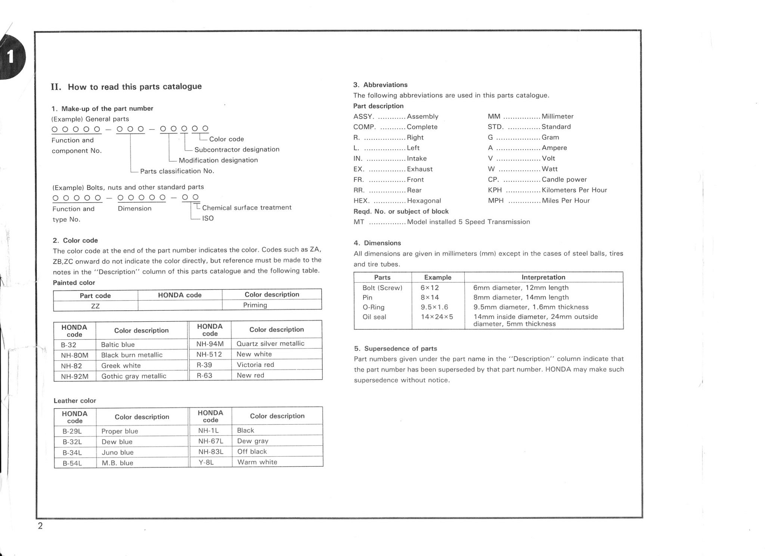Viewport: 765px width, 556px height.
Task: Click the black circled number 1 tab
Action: tap(11, 57)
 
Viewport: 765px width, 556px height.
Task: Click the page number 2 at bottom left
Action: tap(40, 526)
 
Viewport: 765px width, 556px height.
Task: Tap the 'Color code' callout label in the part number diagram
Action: tap(226, 139)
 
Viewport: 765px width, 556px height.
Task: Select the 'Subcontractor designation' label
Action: tap(237, 149)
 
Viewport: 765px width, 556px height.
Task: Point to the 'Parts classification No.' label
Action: tap(177, 171)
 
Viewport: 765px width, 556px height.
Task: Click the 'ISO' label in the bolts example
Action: tap(208, 218)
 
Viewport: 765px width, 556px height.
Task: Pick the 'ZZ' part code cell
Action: tap(95, 306)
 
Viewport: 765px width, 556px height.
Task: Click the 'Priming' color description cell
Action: tap(255, 305)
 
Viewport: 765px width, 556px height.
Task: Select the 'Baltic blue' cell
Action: tap(118, 345)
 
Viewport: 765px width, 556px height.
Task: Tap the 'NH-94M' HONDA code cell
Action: tap(210, 344)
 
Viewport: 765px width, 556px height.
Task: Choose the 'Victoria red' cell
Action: tap(255, 365)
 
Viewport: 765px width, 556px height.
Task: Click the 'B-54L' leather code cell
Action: tap(72, 463)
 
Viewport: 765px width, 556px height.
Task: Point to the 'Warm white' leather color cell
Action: tap(257, 462)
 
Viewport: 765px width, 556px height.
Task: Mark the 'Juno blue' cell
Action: tap(117, 453)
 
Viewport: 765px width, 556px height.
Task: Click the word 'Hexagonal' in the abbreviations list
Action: tap(424, 201)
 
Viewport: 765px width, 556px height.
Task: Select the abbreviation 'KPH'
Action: tap(495, 190)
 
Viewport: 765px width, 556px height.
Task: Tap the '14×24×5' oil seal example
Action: tap(437, 317)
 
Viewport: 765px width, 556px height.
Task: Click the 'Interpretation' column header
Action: tap(543, 277)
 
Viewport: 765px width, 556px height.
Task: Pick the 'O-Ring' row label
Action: tap(373, 307)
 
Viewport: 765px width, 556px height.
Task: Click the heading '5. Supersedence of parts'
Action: tap(396, 349)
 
